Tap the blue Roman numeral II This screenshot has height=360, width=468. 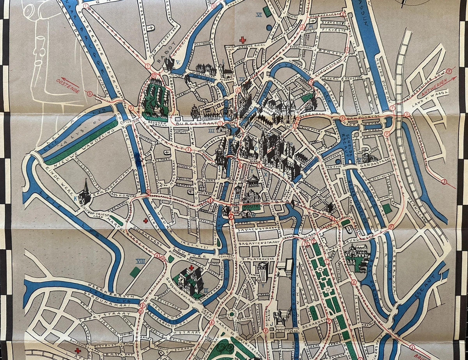(x=206, y=291)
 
